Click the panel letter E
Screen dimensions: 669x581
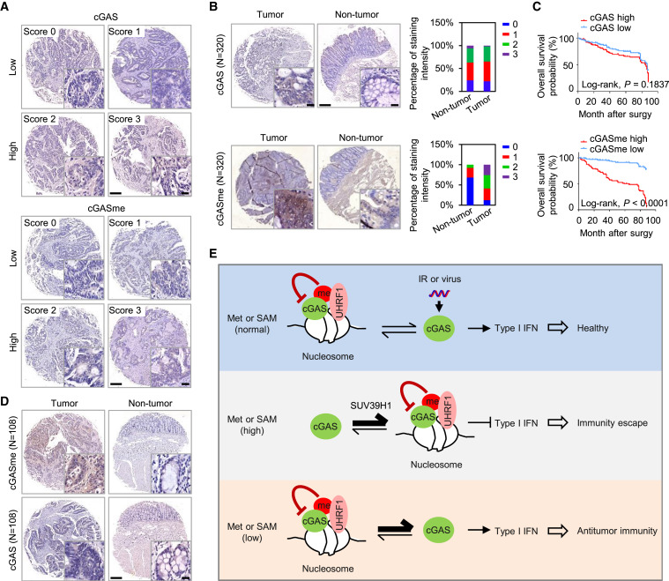coord(213,254)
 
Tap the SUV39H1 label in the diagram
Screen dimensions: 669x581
coord(371,406)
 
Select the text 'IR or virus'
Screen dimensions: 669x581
coord(440,279)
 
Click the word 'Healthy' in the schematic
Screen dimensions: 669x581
coord(592,328)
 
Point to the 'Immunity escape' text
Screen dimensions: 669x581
coord(613,423)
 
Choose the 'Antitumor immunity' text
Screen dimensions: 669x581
coord(617,531)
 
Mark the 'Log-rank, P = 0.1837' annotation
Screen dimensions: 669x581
coord(625,85)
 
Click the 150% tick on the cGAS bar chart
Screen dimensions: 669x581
coord(442,22)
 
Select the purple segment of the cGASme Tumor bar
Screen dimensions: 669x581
coord(487,170)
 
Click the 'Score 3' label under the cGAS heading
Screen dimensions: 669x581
coord(124,119)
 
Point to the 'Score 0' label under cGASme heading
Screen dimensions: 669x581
coord(40,223)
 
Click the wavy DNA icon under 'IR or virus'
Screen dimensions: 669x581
coord(440,294)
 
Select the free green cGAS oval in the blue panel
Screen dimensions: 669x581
coord(439,328)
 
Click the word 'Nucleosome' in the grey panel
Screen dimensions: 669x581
coord(436,465)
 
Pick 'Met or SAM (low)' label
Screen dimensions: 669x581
coord(252,533)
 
